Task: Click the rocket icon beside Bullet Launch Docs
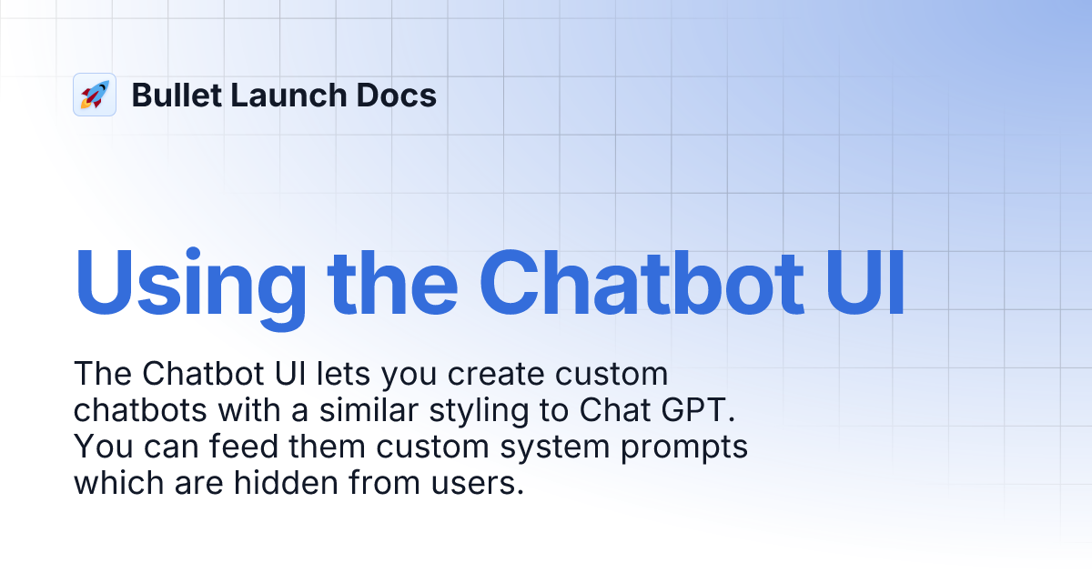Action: click(95, 95)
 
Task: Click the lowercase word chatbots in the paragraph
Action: click(140, 410)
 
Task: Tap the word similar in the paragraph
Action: click(374, 410)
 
